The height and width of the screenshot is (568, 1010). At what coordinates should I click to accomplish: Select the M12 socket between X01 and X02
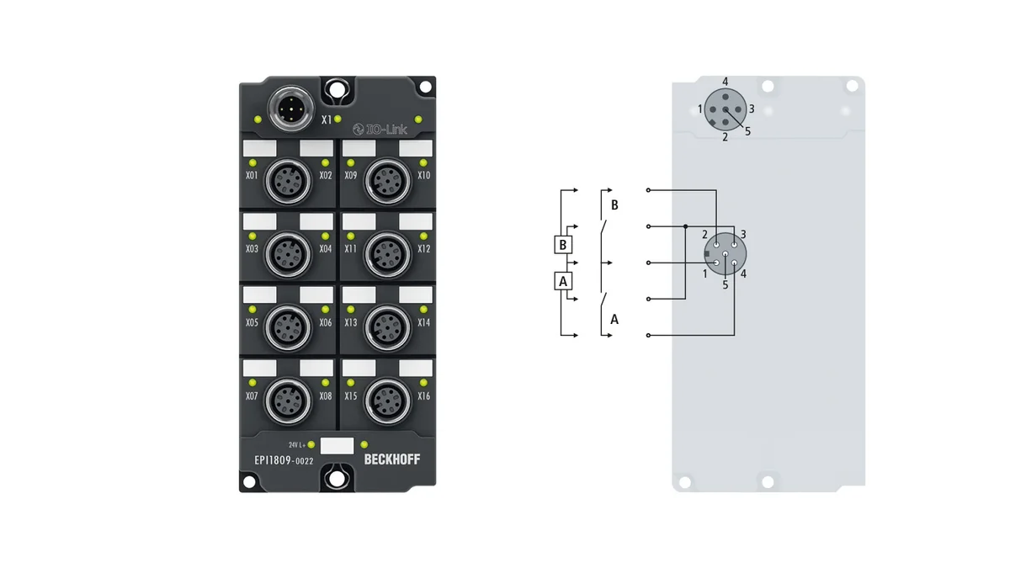[288, 181]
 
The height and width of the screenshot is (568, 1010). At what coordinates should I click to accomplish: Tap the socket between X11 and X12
[387, 254]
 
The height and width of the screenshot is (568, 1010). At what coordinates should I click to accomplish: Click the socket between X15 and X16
[387, 401]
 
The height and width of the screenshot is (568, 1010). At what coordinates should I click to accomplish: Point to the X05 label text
[252, 322]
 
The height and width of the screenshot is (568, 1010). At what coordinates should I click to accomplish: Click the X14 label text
[424, 322]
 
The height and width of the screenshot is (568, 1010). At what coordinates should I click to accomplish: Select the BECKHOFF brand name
[392, 459]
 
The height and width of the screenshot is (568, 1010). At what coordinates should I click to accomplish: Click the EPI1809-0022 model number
[284, 460]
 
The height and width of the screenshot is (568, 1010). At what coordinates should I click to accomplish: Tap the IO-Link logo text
[380, 130]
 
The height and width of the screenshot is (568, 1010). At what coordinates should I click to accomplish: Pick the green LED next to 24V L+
[311, 445]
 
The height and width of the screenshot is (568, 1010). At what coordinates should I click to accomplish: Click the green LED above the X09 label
[351, 163]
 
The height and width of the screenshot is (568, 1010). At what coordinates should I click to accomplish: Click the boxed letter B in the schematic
[563, 245]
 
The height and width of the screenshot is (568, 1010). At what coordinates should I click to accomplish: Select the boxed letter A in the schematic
[563, 281]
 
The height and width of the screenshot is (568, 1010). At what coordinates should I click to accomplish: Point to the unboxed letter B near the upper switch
[614, 205]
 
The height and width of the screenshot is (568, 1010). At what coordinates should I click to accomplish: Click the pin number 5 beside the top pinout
[747, 131]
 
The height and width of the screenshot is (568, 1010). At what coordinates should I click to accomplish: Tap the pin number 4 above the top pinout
[725, 82]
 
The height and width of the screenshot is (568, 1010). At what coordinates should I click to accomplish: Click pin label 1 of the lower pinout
[704, 273]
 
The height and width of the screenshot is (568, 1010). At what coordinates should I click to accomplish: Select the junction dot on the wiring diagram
[685, 226]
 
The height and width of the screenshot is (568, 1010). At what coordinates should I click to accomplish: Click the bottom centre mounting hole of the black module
[337, 479]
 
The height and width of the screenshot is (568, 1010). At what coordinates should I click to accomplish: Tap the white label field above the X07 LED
[260, 369]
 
